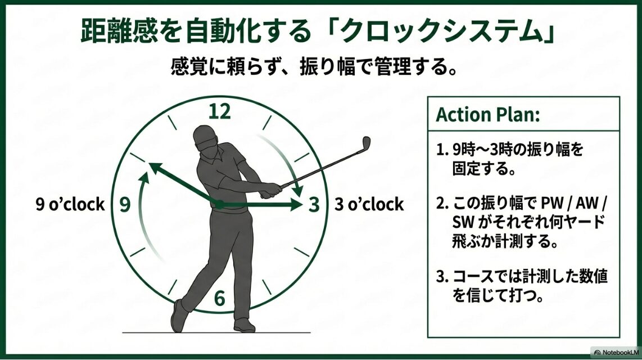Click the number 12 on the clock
tap(220, 112)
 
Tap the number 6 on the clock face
tap(219, 298)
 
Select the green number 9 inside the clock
tap(125, 205)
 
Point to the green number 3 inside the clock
tap(314, 205)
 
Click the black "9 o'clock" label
tap(70, 204)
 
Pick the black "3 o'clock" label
tap(369, 204)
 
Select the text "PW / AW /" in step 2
tap(572, 203)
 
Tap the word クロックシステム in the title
tap(428, 32)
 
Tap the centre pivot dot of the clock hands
tap(220, 204)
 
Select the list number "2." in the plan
tap(442, 203)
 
